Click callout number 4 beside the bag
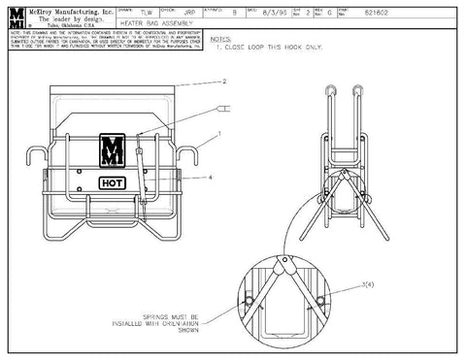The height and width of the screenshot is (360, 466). point(210,178)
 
